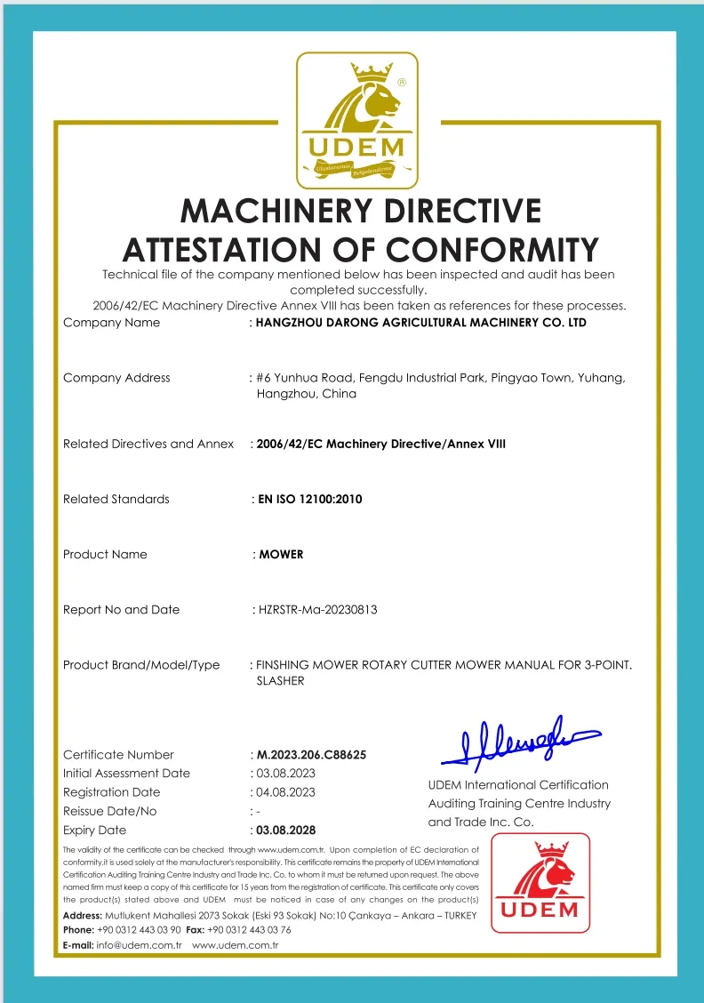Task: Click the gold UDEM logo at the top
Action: (356, 120)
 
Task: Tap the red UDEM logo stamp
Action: (540, 882)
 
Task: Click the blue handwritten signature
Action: (519, 742)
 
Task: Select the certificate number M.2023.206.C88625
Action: (311, 755)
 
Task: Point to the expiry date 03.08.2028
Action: (285, 830)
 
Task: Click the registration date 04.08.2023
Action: (285, 792)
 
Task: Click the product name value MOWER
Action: (281, 555)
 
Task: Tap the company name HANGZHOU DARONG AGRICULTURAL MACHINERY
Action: (420, 323)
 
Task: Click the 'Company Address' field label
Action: (116, 378)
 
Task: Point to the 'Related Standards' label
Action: (116, 500)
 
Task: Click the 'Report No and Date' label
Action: (122, 610)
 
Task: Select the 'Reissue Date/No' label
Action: (110, 811)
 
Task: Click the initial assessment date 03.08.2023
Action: (285, 774)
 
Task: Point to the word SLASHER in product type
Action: (280, 681)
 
